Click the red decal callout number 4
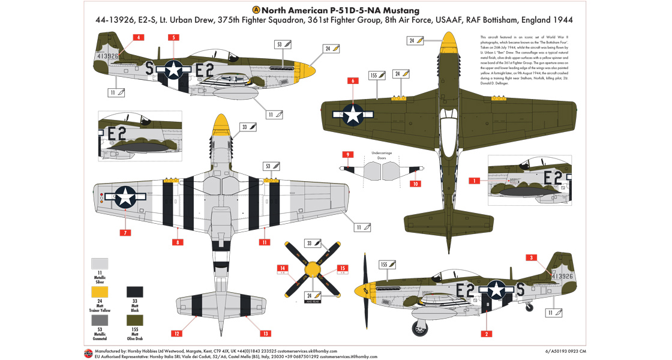tap(139, 37)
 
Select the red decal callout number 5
tap(173, 37)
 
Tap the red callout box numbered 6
tap(353, 80)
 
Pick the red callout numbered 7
tap(125, 232)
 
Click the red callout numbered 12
tap(176, 333)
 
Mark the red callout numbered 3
tap(530, 258)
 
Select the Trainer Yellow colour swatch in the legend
tap(100, 292)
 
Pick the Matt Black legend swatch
tap(135, 292)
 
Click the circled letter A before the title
tap(257, 10)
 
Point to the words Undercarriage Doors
tap(382, 155)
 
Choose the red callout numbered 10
tap(415, 184)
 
